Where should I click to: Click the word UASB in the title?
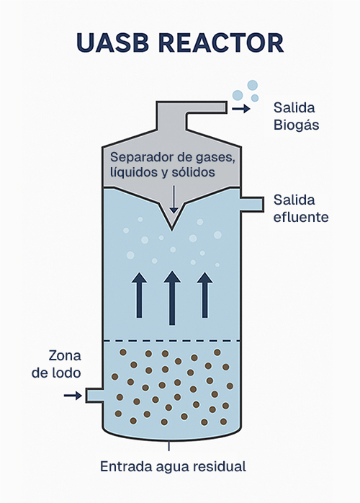(x=113, y=43)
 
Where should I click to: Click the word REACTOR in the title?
(x=221, y=43)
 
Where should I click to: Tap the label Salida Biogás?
(x=296, y=116)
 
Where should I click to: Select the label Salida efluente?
(x=301, y=208)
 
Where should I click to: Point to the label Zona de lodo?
(x=56, y=365)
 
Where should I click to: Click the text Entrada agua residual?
(x=173, y=466)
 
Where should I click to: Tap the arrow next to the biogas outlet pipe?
(x=241, y=109)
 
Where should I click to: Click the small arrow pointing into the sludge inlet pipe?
(x=73, y=396)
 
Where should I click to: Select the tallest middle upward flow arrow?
(x=172, y=298)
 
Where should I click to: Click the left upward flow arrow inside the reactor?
(x=139, y=295)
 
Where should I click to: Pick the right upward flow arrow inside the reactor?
(x=205, y=295)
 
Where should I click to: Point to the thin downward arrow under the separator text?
(x=174, y=199)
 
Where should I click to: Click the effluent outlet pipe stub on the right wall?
(x=252, y=205)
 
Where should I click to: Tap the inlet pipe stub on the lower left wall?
(x=94, y=395)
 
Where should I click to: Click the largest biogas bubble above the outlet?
(x=253, y=85)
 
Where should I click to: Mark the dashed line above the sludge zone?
(x=172, y=340)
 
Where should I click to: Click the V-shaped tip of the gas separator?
(x=172, y=229)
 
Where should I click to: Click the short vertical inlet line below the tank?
(x=169, y=446)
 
